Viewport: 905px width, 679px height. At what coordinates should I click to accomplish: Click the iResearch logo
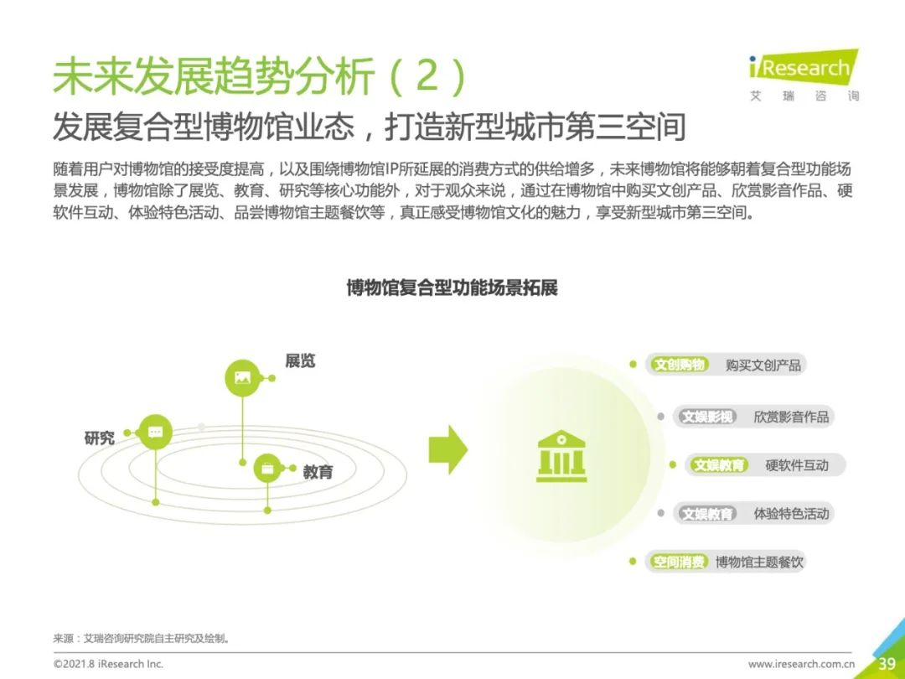tap(804, 75)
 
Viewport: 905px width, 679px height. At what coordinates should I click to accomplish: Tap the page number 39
tap(887, 663)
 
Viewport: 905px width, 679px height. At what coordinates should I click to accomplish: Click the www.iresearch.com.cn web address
tap(801, 664)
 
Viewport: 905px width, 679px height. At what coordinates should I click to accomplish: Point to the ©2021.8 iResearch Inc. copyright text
tap(108, 664)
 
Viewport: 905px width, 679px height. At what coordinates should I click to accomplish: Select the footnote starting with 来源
tap(142, 639)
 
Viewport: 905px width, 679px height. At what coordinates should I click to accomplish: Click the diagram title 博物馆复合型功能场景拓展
tap(452, 288)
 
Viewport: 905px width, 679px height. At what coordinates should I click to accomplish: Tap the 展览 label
tap(300, 360)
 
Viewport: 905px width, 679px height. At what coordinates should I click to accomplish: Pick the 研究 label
tap(99, 438)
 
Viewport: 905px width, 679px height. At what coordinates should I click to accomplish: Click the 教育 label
tap(318, 472)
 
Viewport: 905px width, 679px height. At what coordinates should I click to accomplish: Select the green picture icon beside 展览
tap(242, 378)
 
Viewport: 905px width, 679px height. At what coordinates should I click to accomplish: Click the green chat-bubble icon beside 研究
tap(155, 432)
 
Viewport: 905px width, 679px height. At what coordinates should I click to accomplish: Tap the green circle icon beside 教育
tap(267, 469)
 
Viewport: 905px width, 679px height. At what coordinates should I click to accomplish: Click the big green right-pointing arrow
tap(447, 450)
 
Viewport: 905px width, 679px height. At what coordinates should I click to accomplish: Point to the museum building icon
tap(561, 456)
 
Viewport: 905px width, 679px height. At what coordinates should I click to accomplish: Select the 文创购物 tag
tap(680, 365)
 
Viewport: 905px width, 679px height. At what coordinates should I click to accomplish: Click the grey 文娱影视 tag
tap(707, 417)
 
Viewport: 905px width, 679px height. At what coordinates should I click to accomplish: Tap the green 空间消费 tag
tap(679, 562)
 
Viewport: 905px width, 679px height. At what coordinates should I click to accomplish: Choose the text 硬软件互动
tap(797, 465)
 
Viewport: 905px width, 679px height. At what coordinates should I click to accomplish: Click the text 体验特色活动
tap(791, 514)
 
